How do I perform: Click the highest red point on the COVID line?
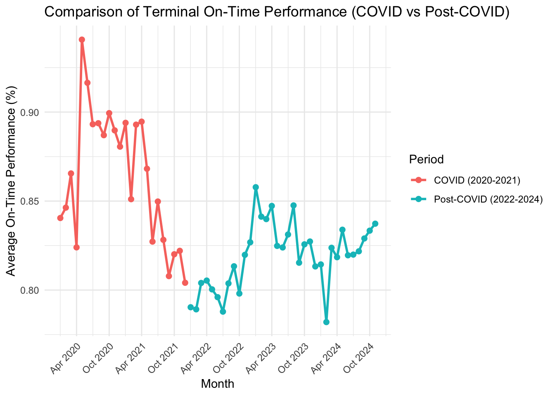pyautogui.click(x=82, y=40)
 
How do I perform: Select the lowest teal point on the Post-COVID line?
pyautogui.click(x=326, y=322)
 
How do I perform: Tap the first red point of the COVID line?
pyautogui.click(x=60, y=218)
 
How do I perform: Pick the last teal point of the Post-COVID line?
pyautogui.click(x=375, y=224)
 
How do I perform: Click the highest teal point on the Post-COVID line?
pyautogui.click(x=256, y=187)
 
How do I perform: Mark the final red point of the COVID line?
pyautogui.click(x=185, y=283)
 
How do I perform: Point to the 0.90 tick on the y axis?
pyautogui.click(x=30, y=113)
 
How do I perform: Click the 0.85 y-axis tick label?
pyautogui.click(x=30, y=201)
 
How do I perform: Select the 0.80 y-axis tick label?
pyautogui.click(x=30, y=290)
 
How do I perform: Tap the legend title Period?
pyautogui.click(x=426, y=159)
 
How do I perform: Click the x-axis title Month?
pyautogui.click(x=218, y=384)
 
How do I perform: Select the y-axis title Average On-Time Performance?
pyautogui.click(x=11, y=181)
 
